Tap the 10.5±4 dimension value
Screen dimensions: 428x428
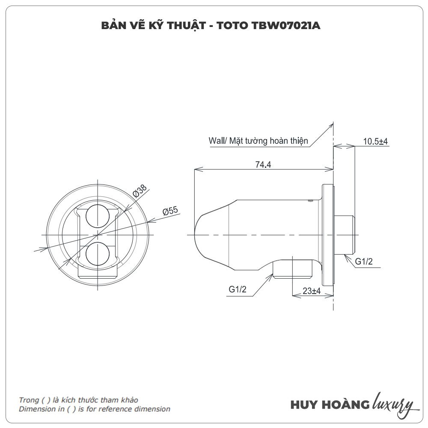pyautogui.click(x=375, y=142)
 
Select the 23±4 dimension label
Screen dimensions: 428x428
pyautogui.click(x=312, y=291)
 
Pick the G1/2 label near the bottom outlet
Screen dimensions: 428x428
pyautogui.click(x=238, y=289)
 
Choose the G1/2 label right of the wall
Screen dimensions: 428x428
pyautogui.click(x=364, y=262)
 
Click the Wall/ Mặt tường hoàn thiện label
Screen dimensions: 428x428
pyautogui.click(x=258, y=140)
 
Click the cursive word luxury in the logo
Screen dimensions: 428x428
pyautogui.click(x=393, y=404)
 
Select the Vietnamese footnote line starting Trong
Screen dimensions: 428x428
pyautogui.click(x=78, y=400)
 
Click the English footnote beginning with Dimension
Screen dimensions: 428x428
pyautogui.click(x=95, y=409)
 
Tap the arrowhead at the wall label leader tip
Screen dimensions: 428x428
pyautogui.click(x=332, y=124)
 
